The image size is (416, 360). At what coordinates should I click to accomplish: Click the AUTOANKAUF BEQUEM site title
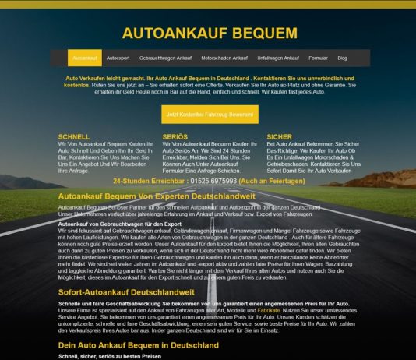210,33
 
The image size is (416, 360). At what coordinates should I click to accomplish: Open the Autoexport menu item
118,58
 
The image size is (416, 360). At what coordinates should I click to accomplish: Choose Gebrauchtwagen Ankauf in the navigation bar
165,58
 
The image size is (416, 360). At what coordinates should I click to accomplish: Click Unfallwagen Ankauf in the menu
278,58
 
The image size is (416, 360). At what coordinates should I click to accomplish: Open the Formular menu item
318,58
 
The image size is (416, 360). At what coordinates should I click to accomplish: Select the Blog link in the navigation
343,58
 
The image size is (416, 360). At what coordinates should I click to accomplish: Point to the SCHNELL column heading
74,136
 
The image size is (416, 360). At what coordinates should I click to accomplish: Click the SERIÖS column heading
175,136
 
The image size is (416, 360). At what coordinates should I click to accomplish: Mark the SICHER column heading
279,136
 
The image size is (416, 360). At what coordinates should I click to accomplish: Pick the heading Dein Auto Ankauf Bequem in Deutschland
128,344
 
